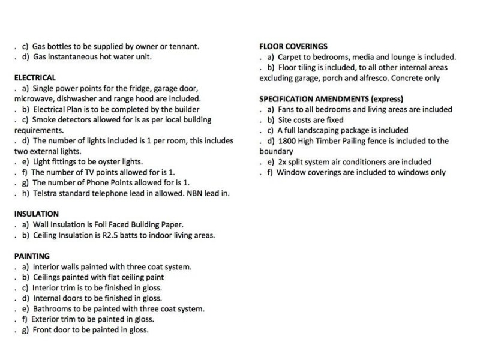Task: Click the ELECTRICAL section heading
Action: pos(34,77)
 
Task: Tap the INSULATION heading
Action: pos(36,214)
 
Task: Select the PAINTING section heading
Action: pos(33,256)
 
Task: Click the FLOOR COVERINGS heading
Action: pos(293,46)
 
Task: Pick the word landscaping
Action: pos(324,130)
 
